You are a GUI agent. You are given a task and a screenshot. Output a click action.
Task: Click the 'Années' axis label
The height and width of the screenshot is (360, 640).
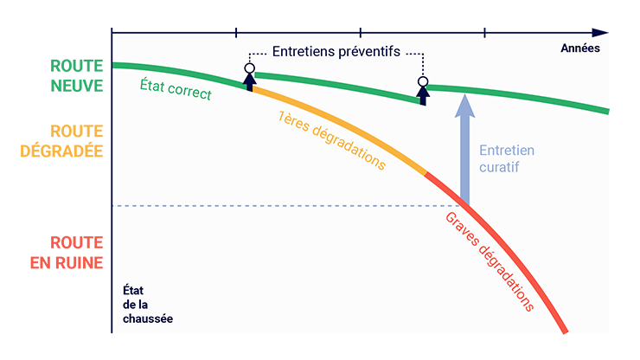tap(580, 48)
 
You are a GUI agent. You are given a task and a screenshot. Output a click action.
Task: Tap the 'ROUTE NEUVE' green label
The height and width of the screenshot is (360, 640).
tap(77, 75)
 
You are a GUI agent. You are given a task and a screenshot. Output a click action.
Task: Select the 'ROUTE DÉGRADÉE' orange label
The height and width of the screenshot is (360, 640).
tap(61, 141)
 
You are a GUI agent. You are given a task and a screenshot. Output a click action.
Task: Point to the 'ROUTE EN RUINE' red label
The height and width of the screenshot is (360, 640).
tap(67, 253)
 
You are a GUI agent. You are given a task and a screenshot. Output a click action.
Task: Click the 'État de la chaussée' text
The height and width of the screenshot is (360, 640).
tap(148, 305)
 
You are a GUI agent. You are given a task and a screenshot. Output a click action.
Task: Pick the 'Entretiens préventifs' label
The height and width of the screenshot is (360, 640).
tap(336, 51)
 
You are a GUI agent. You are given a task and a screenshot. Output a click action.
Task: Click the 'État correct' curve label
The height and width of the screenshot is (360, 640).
tap(176, 89)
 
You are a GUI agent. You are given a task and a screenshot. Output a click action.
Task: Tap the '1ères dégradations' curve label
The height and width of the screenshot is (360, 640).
tap(331, 139)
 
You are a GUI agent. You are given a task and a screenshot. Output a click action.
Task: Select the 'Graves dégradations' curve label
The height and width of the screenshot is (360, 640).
tap(490, 261)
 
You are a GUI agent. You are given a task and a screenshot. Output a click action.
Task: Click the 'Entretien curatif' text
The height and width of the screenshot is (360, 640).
tap(507, 158)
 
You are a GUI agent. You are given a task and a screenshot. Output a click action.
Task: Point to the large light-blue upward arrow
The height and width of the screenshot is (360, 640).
tap(464, 149)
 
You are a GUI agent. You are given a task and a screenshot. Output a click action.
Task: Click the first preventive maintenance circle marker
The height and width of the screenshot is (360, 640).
tap(250, 67)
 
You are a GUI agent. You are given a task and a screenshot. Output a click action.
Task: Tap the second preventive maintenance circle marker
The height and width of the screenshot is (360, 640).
tap(423, 81)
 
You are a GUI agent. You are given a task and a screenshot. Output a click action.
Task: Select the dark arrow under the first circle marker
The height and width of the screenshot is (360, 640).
tap(250, 81)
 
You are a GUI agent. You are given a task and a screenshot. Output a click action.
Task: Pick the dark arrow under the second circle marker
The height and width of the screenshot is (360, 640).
tap(423, 96)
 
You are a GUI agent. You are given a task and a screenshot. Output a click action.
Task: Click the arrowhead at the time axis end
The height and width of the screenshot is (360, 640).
tap(600, 33)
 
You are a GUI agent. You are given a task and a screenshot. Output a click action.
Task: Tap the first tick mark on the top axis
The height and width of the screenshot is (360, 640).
tap(236, 33)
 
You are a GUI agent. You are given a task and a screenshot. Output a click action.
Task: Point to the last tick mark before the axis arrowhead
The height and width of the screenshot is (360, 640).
tap(484, 33)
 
